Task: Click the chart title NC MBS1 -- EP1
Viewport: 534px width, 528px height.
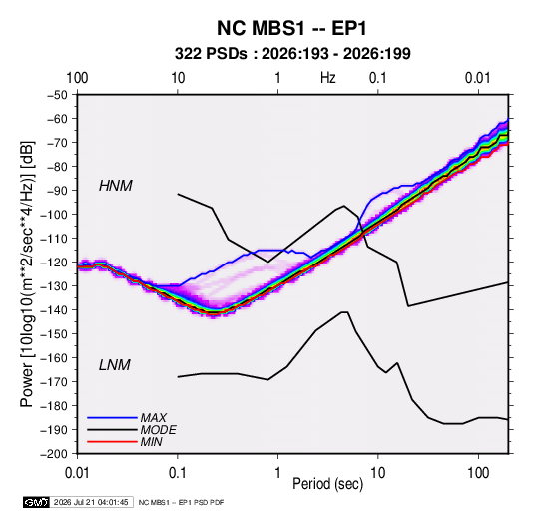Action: [x=291, y=28]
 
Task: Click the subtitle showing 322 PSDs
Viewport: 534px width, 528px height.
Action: [x=292, y=54]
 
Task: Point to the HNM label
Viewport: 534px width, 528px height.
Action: [x=116, y=186]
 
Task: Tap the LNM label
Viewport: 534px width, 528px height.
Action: [x=115, y=365]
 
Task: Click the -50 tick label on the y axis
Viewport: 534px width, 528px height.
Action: [x=57, y=95]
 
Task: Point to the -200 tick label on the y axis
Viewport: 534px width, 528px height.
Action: [x=54, y=454]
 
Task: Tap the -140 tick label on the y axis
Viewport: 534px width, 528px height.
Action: [x=54, y=310]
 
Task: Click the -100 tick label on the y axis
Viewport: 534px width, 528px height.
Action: [x=54, y=215]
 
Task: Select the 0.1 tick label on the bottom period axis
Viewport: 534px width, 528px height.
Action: [x=178, y=473]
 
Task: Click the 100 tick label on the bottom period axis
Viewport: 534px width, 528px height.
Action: [x=478, y=473]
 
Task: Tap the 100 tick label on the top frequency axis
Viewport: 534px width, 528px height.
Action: [x=77, y=78]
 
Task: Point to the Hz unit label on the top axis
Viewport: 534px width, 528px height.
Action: [x=328, y=78]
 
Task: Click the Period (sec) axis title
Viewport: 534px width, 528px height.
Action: [x=328, y=484]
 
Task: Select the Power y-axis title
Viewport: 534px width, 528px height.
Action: [x=27, y=273]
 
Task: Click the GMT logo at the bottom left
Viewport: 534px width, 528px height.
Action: [x=36, y=502]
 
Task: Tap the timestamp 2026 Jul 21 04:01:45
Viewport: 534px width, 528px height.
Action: [x=91, y=502]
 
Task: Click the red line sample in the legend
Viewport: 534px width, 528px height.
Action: [x=112, y=442]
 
